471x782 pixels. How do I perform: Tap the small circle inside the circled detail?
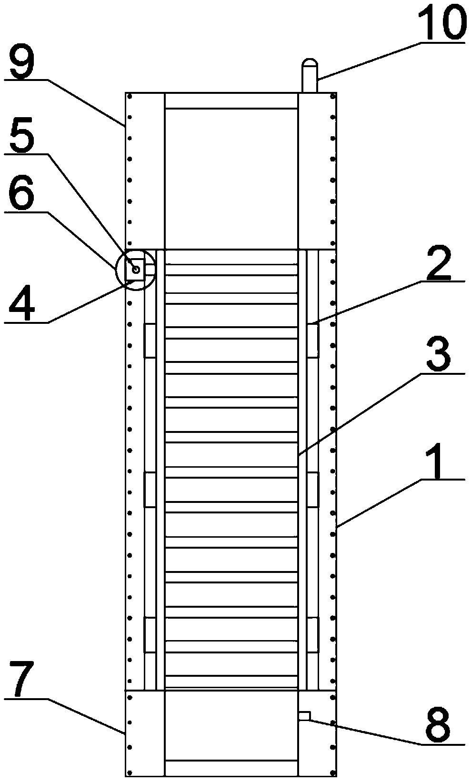pyautogui.click(x=136, y=270)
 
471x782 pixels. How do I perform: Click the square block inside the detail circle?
pyautogui.click(x=134, y=270)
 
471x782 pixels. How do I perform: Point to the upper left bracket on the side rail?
pyautogui.click(x=150, y=340)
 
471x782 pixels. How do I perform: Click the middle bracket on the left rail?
pyautogui.click(x=150, y=490)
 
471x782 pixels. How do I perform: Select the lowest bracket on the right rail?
pyautogui.click(x=312, y=635)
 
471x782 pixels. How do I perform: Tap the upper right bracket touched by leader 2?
pyautogui.click(x=312, y=340)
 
